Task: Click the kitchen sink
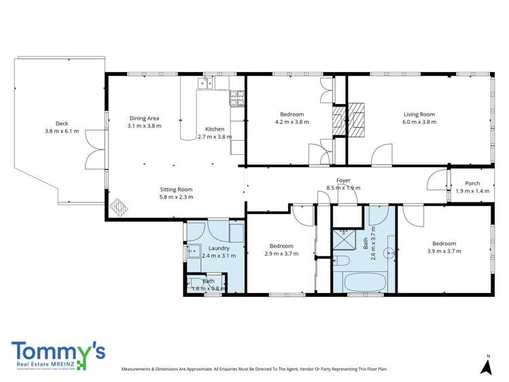(x=205, y=84)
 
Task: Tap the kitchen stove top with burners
(x=236, y=99)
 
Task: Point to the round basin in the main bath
(x=390, y=252)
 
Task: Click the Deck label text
(x=62, y=123)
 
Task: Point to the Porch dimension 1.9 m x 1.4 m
(x=472, y=192)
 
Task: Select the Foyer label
(x=343, y=180)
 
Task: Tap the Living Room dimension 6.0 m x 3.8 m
(x=419, y=122)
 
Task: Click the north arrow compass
(x=487, y=366)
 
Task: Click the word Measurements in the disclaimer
(x=140, y=370)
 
